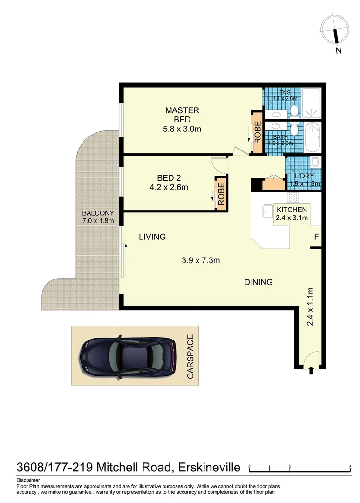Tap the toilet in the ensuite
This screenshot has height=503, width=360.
(x=294, y=111)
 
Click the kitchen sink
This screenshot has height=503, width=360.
(x=267, y=212)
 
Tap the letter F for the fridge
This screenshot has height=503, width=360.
(x=316, y=237)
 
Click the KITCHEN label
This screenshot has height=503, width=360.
(x=292, y=210)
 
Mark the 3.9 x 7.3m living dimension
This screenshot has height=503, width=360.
(x=201, y=260)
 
